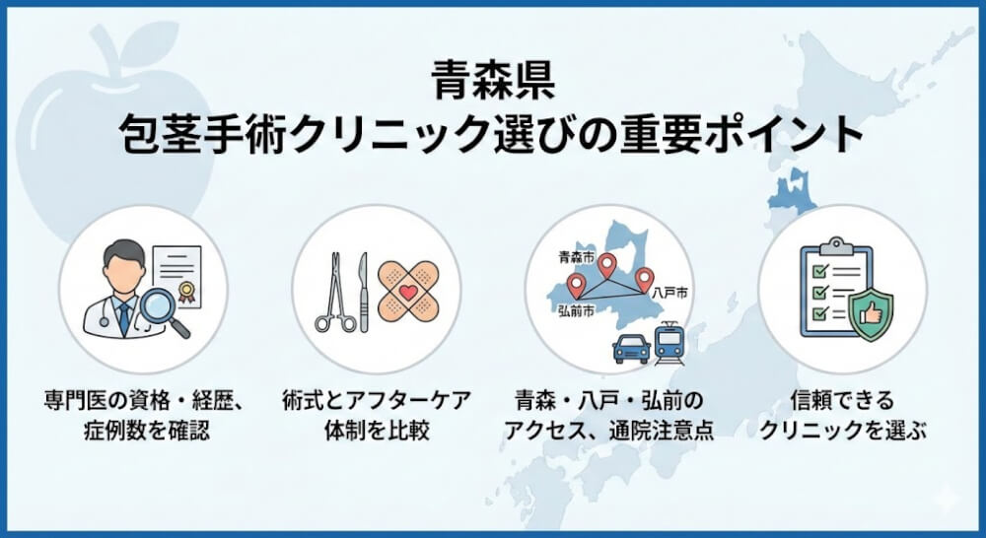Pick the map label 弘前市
point(576,310)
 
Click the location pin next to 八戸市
point(644,279)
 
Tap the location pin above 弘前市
point(576,286)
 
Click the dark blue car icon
point(631,347)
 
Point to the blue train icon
point(670,341)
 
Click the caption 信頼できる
point(841,401)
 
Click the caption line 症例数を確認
point(143,432)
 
